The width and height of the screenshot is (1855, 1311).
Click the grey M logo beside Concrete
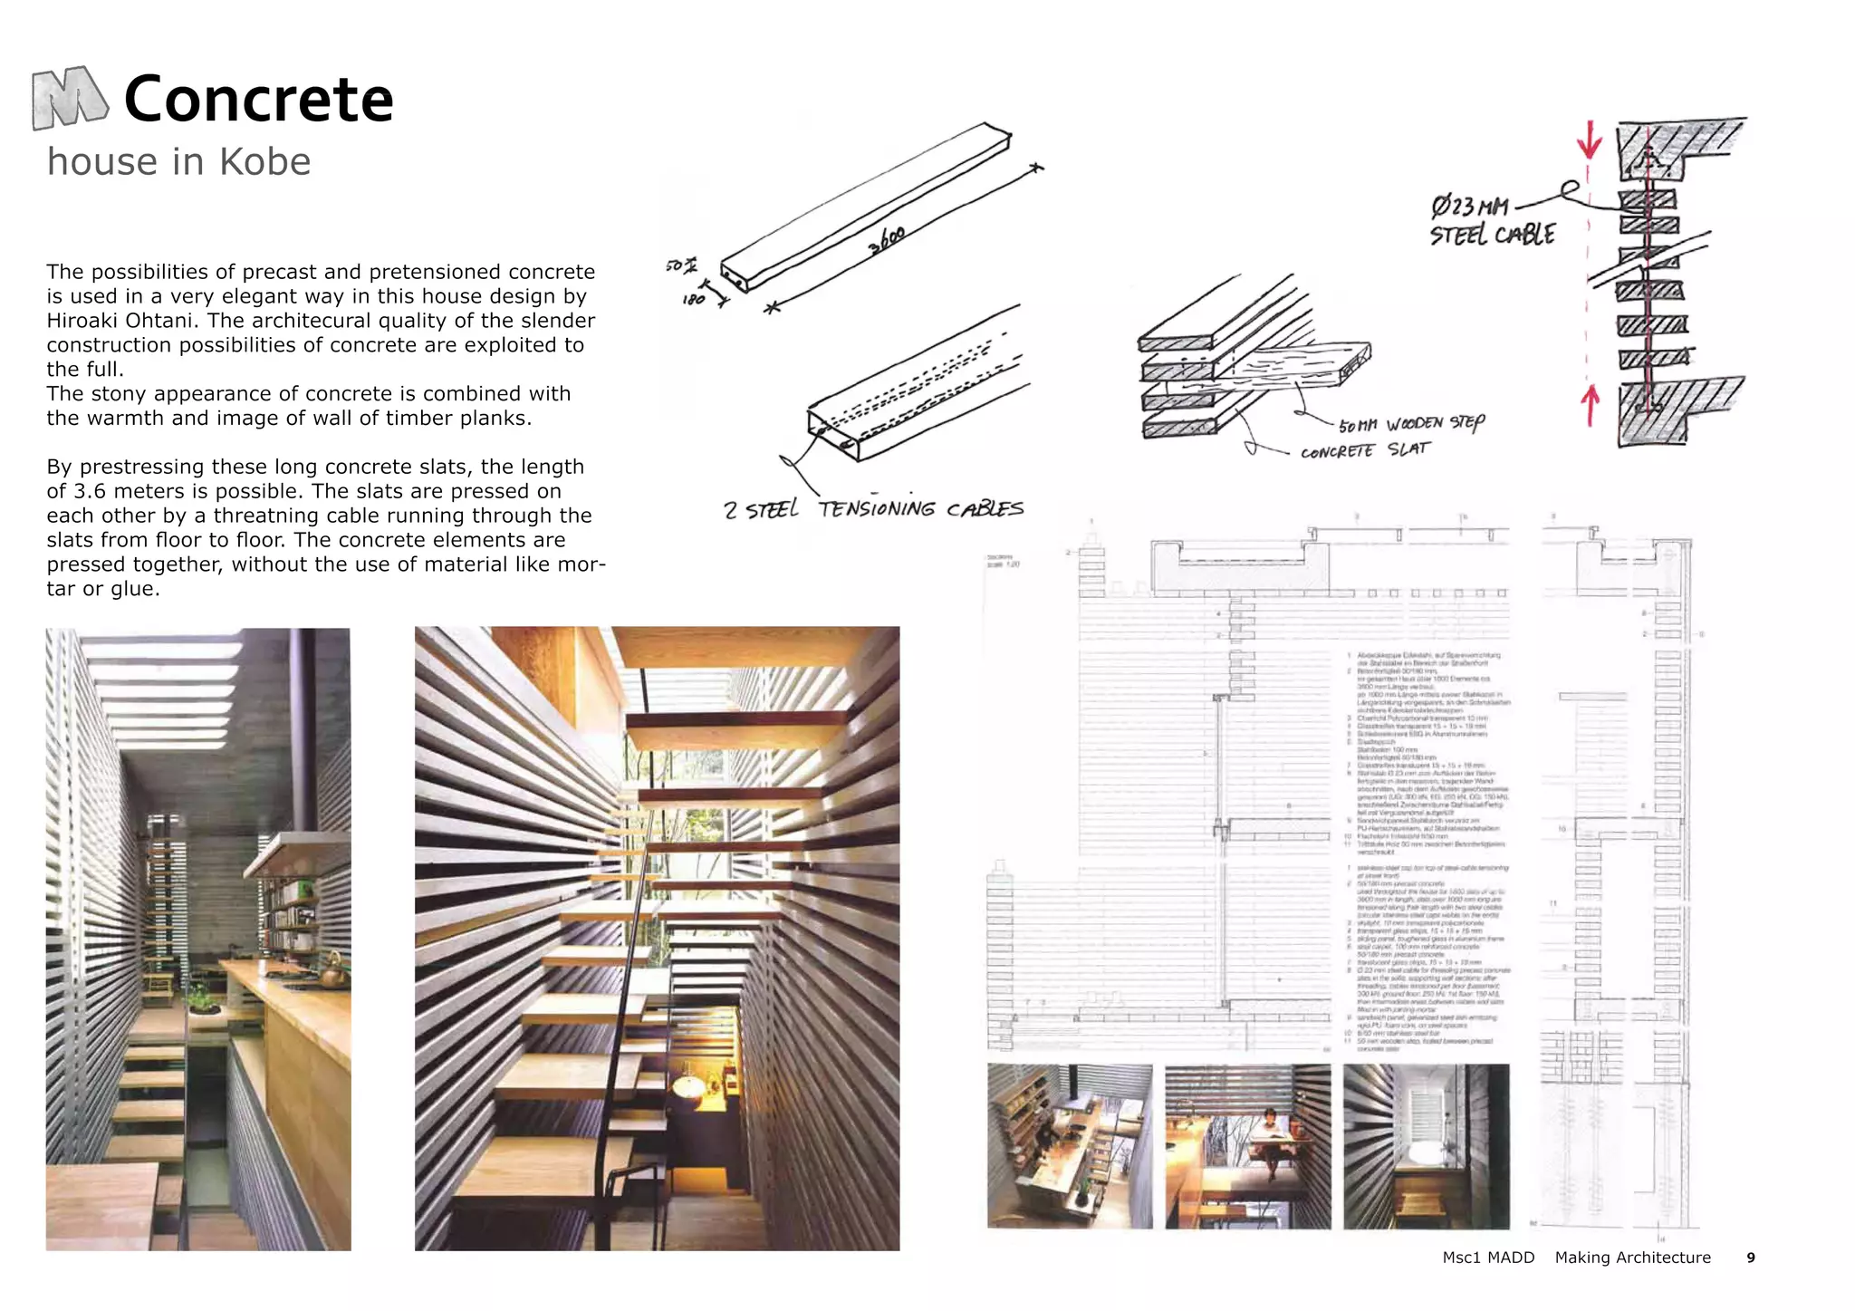[70, 98]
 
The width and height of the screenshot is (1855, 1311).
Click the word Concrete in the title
[258, 100]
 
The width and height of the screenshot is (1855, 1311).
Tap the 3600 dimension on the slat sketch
[887, 240]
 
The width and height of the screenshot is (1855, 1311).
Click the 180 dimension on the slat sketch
[693, 299]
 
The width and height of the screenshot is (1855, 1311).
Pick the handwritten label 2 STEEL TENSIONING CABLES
[873, 509]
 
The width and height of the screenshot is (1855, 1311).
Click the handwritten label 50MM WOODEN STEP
[1411, 424]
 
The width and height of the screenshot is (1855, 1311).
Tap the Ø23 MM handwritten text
[1469, 207]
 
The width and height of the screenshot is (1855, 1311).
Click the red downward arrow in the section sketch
[1589, 140]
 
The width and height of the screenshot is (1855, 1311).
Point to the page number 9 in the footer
[1750, 1258]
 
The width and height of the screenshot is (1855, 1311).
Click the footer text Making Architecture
[1632, 1258]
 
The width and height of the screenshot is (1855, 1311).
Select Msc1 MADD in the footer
[1488, 1258]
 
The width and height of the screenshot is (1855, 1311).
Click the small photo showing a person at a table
[1247, 1146]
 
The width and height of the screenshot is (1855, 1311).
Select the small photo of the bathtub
[1426, 1146]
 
